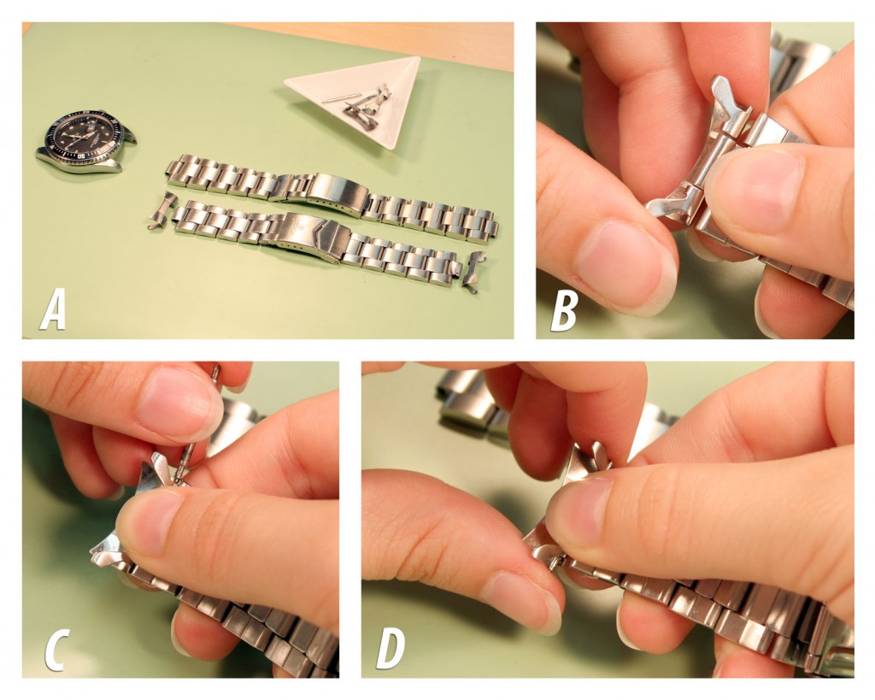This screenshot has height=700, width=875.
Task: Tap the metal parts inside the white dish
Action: [x=363, y=106]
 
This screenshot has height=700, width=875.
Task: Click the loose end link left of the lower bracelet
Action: [x=162, y=209]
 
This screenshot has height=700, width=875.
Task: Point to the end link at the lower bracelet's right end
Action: [x=473, y=272]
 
